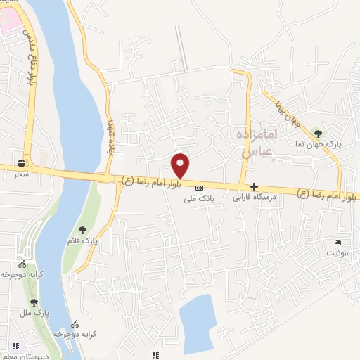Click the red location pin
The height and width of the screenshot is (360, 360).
tap(181, 165)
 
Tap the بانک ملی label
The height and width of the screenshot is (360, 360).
tap(198, 200)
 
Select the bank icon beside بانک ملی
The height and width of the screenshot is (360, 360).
tap(199, 188)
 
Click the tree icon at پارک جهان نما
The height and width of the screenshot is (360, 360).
tap(318, 133)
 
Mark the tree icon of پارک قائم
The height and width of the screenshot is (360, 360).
tap(83, 230)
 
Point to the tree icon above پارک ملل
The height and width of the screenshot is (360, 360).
tap(33, 302)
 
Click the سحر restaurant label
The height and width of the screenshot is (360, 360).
tap(21, 173)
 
